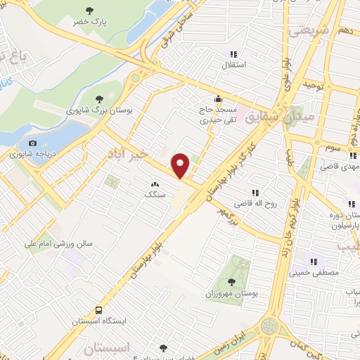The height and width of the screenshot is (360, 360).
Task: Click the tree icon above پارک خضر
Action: (89, 10)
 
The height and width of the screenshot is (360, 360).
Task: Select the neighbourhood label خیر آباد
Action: (128, 153)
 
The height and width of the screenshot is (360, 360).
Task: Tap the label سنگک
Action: (154, 192)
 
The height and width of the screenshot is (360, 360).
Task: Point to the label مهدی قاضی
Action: (340, 167)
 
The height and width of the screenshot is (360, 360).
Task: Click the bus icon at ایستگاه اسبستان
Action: (98, 310)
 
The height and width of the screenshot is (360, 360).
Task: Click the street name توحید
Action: (311, 84)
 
